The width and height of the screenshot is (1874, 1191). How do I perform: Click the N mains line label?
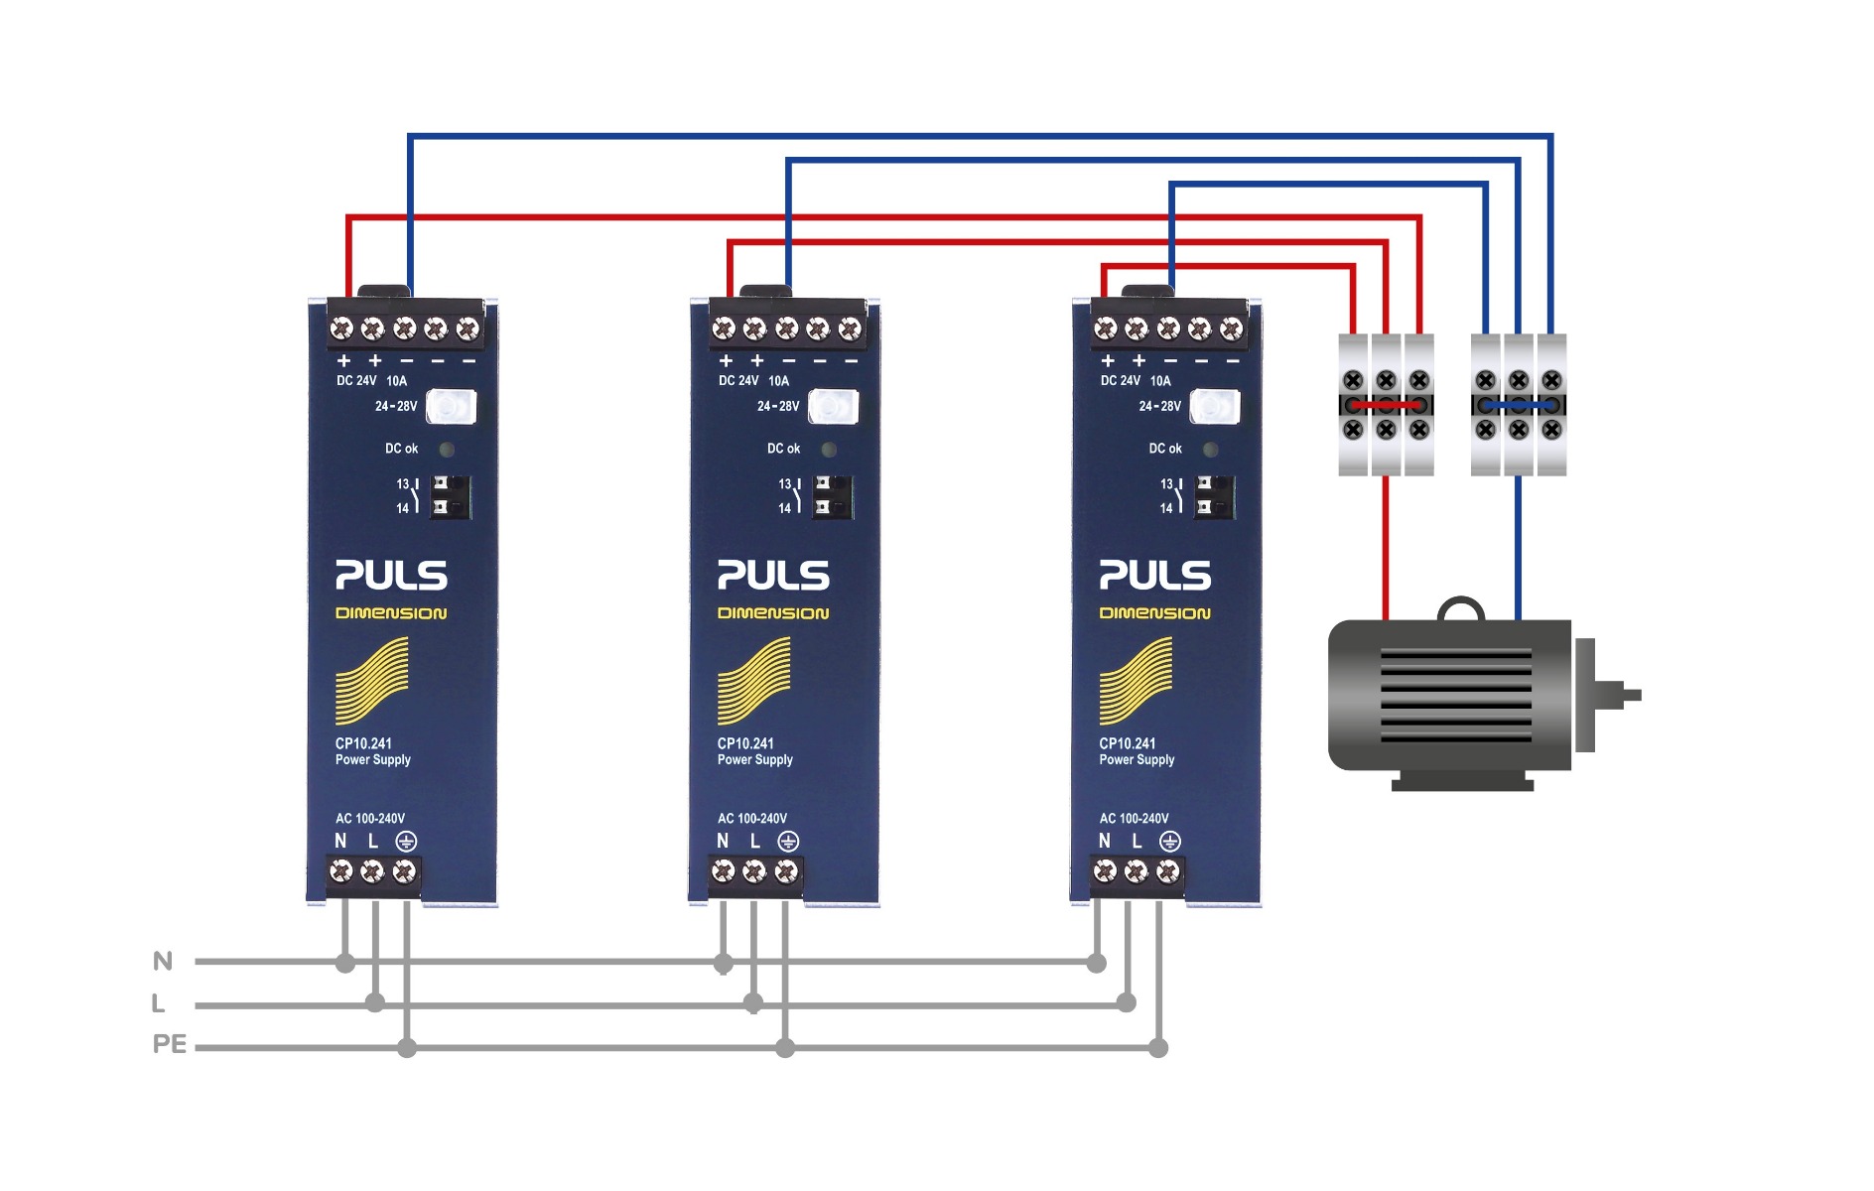(x=163, y=961)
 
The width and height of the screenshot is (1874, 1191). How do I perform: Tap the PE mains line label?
(x=170, y=1044)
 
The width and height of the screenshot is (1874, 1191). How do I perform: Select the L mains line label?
(x=158, y=1003)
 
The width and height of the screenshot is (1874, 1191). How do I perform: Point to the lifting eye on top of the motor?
(x=1460, y=608)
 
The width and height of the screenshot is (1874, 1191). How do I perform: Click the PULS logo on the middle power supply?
(x=773, y=575)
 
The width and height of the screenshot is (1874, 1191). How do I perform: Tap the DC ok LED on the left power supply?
(x=447, y=450)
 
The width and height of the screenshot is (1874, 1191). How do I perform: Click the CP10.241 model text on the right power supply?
(x=1128, y=743)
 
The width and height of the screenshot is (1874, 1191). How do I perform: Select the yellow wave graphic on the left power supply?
(x=372, y=680)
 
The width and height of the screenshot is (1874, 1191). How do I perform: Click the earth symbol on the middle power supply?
(x=788, y=842)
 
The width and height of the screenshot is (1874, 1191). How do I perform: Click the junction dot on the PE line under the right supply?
(x=1158, y=1047)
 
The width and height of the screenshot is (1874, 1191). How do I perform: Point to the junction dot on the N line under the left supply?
(x=345, y=963)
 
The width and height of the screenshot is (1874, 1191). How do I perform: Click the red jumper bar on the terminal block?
(x=1386, y=405)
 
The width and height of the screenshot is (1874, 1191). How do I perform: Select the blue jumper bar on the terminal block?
(x=1518, y=405)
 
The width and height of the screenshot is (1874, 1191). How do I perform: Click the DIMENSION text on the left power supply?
(x=391, y=613)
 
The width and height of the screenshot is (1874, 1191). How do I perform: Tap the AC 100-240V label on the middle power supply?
(x=752, y=819)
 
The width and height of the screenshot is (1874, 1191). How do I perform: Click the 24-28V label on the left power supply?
(x=396, y=406)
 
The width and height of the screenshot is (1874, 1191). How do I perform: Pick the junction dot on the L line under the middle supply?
(x=753, y=1004)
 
